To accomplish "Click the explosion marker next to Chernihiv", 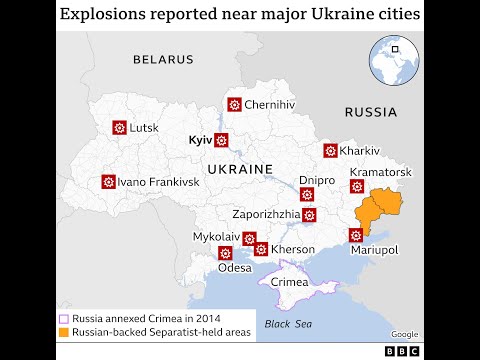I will coord(234,104).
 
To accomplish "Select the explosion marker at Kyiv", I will coord(222,140).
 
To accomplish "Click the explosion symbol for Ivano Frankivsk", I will coord(108,182).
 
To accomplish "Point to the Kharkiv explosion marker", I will coord(329,151).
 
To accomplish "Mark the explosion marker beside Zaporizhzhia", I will coord(309,214).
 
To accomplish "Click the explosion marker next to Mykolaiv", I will coord(249,238).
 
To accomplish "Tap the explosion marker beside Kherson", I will coord(261,249).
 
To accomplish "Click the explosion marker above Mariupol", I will coord(355,235).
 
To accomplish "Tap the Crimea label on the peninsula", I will coord(290,283).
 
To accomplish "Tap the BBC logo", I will coord(403,350).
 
